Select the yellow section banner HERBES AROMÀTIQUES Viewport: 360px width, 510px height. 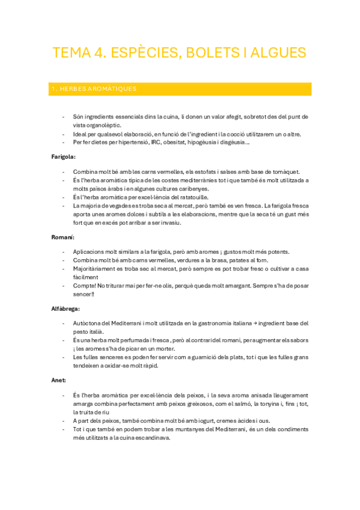pyautogui.click(x=180, y=89)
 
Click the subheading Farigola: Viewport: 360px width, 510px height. pyautogui.click(x=63, y=156)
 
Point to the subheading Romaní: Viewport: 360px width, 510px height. pyautogui.click(x=62, y=238)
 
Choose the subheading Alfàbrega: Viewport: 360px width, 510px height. pyautogui.click(x=66, y=309)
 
